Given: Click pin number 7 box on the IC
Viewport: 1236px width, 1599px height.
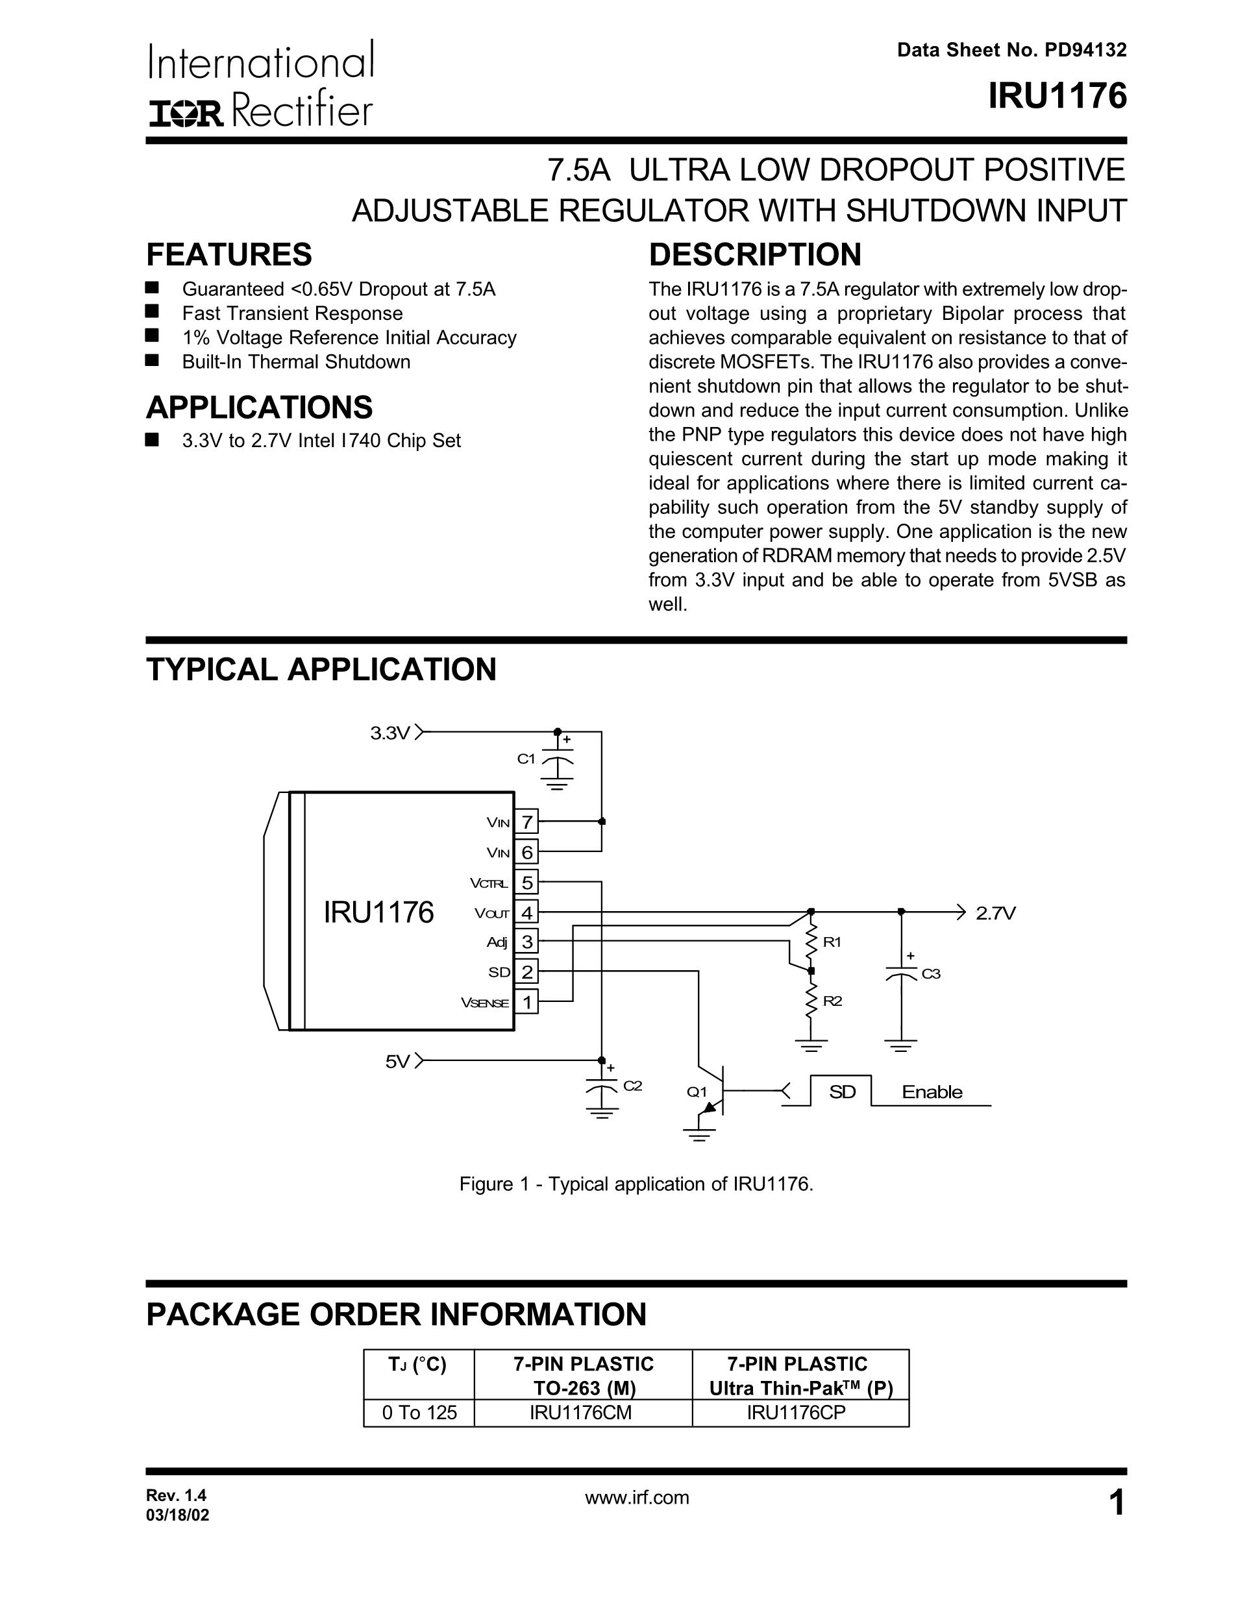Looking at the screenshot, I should click(x=526, y=822).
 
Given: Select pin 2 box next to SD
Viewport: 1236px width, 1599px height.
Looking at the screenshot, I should click(x=526, y=971).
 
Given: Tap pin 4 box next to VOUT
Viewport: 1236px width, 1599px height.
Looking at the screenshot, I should click(x=526, y=912).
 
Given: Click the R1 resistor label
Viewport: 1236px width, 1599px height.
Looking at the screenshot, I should click(x=832, y=942).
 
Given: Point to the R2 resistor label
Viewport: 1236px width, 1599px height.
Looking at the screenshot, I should click(x=832, y=1001).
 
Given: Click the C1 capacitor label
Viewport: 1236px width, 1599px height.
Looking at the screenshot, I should click(x=526, y=759).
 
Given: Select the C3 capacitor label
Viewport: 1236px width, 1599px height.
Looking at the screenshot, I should click(x=931, y=974).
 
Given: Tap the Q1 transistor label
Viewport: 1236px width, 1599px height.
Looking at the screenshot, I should click(x=697, y=1092).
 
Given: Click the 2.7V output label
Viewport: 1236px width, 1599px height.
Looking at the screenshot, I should click(x=996, y=913).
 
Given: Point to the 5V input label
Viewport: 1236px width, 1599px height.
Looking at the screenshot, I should click(x=397, y=1062).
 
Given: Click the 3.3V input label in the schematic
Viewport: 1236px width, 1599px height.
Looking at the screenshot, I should click(x=389, y=733).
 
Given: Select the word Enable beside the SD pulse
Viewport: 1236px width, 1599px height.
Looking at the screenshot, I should click(x=932, y=1092).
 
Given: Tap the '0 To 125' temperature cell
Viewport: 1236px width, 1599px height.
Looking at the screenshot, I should click(x=419, y=1413).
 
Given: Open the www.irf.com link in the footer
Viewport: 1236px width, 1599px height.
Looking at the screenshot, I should click(x=637, y=1497).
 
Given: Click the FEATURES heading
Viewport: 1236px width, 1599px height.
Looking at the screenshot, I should click(x=229, y=255).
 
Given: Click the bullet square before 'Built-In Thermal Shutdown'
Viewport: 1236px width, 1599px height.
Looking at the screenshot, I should click(x=153, y=360).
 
